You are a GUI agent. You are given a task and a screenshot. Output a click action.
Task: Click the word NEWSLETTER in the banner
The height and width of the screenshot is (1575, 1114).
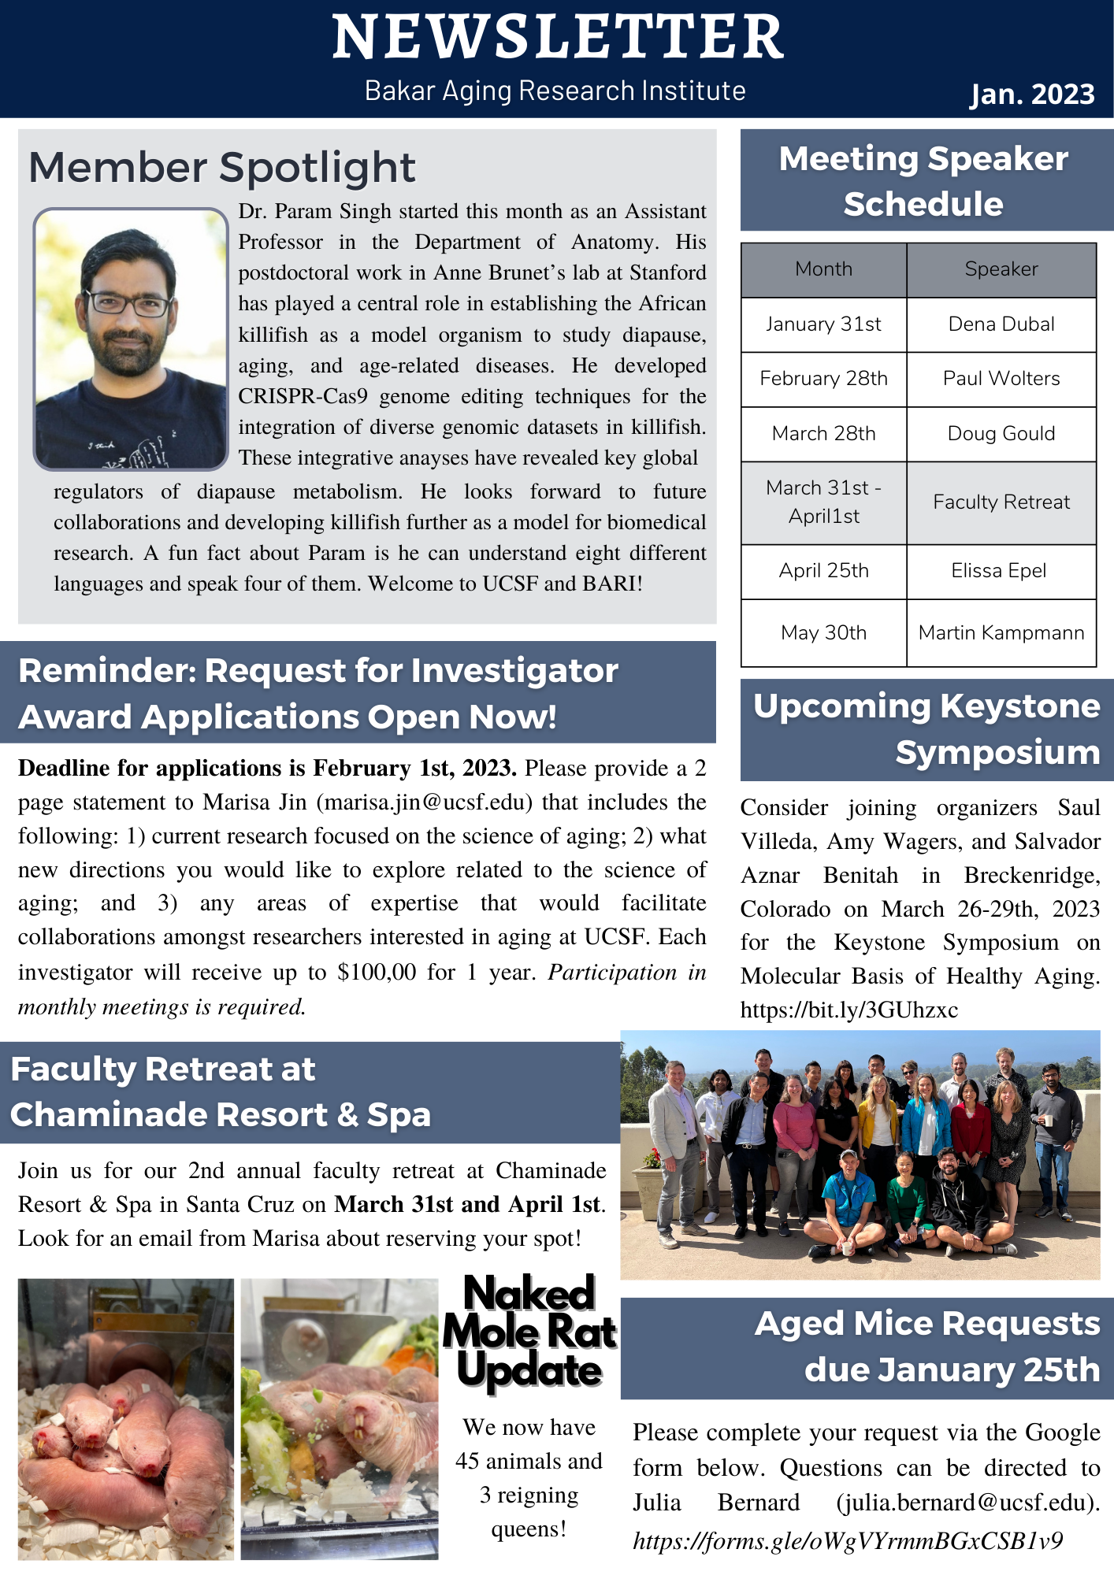pos(557,38)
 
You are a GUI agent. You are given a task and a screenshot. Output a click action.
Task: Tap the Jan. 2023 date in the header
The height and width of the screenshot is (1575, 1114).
pos(1031,94)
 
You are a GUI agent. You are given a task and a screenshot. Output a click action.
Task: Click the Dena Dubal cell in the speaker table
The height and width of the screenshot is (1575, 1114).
pos(1001,324)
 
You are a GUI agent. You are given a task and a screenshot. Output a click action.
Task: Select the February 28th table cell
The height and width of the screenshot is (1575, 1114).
pos(823,379)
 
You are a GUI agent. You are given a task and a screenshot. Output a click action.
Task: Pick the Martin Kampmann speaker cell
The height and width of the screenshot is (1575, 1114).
pos(1001,633)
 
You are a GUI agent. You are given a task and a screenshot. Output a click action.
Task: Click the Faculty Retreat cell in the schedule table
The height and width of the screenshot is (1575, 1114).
pos(1001,502)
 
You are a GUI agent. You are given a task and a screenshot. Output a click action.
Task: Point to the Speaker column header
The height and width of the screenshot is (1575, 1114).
pos(1001,269)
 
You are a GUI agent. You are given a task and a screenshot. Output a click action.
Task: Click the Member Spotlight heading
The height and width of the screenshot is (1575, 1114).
pos(221,168)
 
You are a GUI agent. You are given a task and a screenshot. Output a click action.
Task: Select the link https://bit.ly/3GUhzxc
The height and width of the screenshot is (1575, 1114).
pos(848,1010)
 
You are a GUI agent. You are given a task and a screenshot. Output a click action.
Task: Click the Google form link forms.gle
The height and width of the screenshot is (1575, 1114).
pos(847,1541)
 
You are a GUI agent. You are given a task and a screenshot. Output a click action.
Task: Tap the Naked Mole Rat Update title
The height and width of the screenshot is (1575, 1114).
pos(529,1332)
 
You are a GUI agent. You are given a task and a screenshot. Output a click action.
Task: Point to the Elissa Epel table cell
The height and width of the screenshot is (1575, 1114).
pos(998,571)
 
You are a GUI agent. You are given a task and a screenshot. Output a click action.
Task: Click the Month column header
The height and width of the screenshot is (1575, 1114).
pos(823,269)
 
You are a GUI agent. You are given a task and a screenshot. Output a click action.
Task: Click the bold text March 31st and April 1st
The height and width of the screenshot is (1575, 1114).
pos(467,1205)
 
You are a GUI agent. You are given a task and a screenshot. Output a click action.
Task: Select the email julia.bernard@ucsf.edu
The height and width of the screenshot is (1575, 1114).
pos(967,1503)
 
